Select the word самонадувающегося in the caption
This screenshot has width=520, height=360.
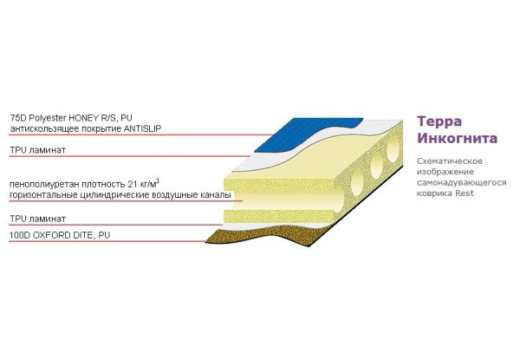(x=457, y=182)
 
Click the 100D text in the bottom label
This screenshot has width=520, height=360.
(x=21, y=235)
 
